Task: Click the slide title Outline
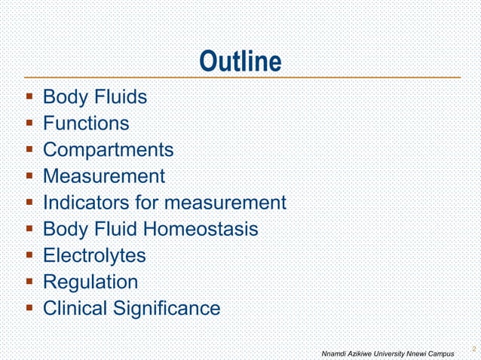pos(240,62)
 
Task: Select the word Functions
pos(86,124)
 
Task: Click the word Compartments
pos(108,150)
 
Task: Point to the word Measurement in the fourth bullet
pos(103,176)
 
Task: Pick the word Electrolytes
pos(94,255)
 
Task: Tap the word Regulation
pos(90,282)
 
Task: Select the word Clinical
pos(76,308)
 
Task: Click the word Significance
pos(167,308)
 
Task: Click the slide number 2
pos(473,349)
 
